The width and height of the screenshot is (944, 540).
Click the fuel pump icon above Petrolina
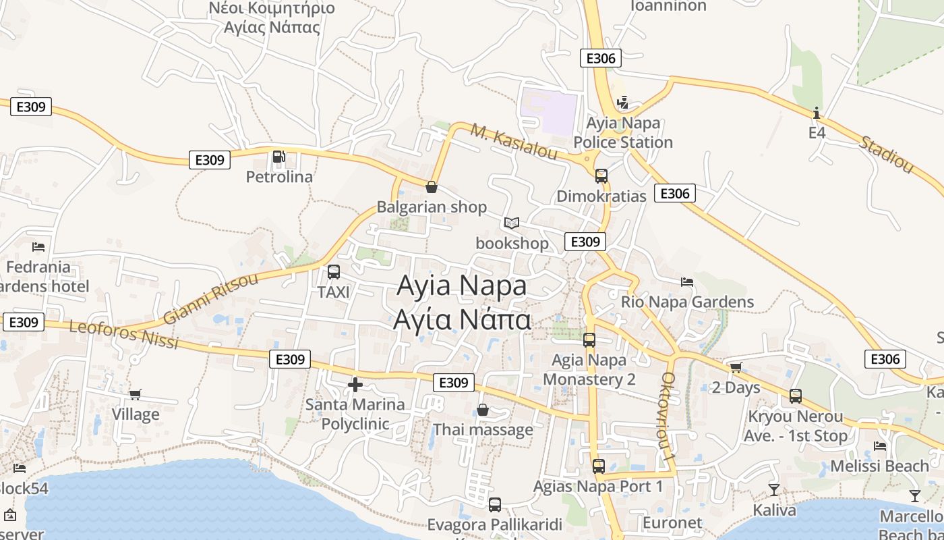(278, 157)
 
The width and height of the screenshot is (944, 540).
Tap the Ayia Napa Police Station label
(623, 133)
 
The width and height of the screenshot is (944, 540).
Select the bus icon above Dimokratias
(601, 176)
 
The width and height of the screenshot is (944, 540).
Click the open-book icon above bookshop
(512, 223)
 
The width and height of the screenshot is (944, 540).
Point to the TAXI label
(334, 292)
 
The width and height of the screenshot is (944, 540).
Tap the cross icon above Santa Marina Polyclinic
(355, 385)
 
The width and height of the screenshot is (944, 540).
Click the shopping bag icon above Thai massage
(483, 410)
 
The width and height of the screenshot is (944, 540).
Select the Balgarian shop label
(432, 207)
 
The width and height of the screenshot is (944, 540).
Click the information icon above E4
(817, 113)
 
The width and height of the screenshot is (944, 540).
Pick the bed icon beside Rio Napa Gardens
(687, 281)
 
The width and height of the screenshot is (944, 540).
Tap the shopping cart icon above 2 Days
(736, 368)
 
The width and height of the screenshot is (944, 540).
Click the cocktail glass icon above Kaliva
(773, 489)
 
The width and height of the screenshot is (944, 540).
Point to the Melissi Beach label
(879, 466)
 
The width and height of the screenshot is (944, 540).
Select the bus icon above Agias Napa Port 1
(598, 466)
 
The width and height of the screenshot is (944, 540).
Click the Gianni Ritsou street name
(210, 298)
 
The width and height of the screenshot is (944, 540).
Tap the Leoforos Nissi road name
(123, 335)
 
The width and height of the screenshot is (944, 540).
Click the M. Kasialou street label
(514, 142)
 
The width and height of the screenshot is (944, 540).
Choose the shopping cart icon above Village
(136, 394)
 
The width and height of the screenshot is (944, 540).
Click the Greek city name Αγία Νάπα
(462, 319)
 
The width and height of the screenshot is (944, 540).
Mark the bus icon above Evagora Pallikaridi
(495, 504)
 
